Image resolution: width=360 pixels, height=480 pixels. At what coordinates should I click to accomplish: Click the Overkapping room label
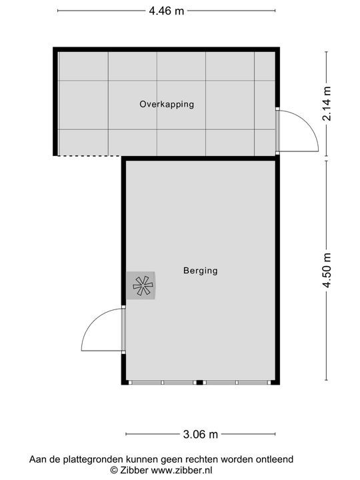tap(167, 104)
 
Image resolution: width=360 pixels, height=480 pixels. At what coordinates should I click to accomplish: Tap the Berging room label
tap(201, 271)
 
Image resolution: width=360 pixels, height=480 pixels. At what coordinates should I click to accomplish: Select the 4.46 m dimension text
tap(166, 11)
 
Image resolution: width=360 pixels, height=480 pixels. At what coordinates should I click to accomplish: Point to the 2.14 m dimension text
tap(327, 104)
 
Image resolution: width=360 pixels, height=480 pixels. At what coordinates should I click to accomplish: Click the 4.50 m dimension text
tap(327, 271)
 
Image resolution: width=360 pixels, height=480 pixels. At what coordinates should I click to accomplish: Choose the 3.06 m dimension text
tap(200, 435)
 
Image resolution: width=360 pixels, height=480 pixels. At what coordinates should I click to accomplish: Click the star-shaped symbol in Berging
tap(142, 285)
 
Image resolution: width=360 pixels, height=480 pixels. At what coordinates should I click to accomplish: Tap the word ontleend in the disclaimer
tap(275, 459)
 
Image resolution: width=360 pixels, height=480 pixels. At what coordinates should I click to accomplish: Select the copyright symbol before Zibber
tap(114, 470)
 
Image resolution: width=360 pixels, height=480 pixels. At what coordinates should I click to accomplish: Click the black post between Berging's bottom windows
tap(199, 382)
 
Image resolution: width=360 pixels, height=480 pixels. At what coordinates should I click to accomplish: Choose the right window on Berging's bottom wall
tap(237, 382)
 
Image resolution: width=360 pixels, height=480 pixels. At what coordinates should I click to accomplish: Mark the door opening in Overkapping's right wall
tap(277, 131)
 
